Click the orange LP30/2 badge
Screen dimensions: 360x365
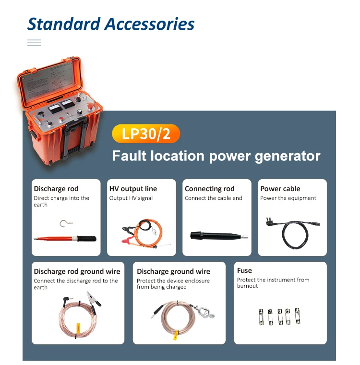pos(145,133)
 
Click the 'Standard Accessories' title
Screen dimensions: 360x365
pos(111,24)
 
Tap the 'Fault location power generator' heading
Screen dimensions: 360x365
pos(216,156)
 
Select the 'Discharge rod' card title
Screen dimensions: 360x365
pos(56,189)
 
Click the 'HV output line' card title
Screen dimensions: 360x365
pos(133,189)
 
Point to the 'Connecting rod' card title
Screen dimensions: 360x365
pos(209,189)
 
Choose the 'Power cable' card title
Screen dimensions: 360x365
pos(280,189)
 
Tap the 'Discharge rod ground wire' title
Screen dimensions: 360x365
pos(77,271)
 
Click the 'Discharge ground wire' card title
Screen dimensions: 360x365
pos(173,271)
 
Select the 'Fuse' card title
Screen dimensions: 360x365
pos(244,270)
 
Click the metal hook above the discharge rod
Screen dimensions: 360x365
pos(63,223)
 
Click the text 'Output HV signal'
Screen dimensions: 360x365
pos(131,198)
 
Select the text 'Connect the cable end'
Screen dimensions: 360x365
pos(213,198)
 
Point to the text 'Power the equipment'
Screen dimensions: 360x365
pos(288,198)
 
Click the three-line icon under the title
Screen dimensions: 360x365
pos(34,43)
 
